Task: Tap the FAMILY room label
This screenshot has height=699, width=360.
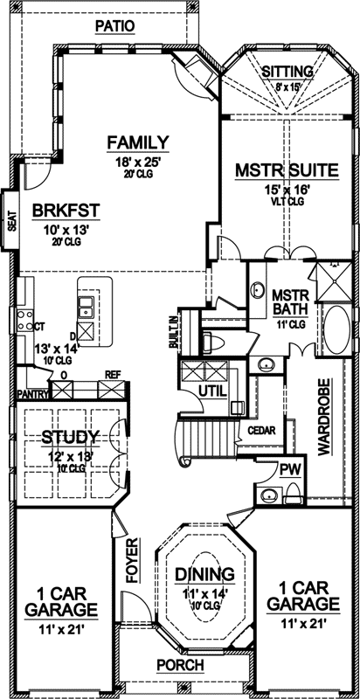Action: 138,142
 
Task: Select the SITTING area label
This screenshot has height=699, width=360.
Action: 287,72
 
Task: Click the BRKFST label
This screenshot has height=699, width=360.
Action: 66,210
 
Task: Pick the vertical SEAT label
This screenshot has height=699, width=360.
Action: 11,218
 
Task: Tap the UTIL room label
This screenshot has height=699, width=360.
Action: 213,388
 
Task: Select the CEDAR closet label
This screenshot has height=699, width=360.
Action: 262,431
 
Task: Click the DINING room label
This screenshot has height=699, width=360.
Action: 204,573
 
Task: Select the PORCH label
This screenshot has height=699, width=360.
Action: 180,665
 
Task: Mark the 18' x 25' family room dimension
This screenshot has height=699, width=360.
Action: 137,161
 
